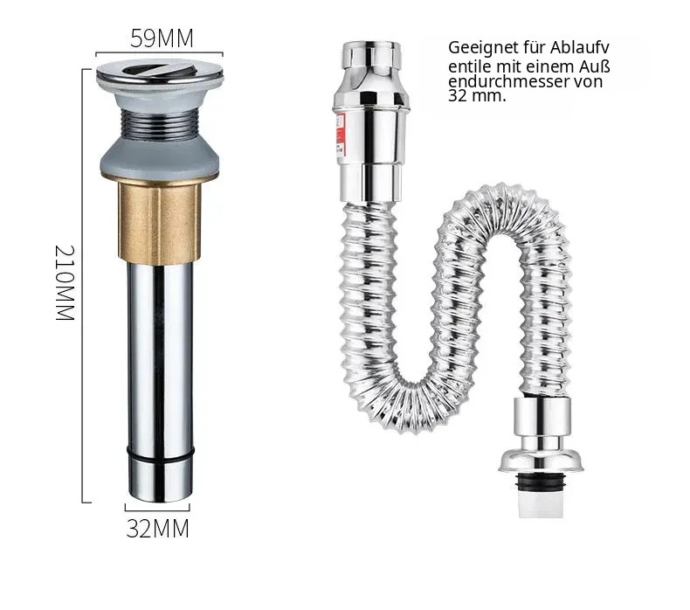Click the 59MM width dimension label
162,38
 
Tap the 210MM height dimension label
65,283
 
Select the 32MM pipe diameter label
157,529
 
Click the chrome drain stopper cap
160,73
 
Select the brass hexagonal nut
159,223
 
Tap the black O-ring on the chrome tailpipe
160,454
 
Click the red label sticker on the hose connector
341,136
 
